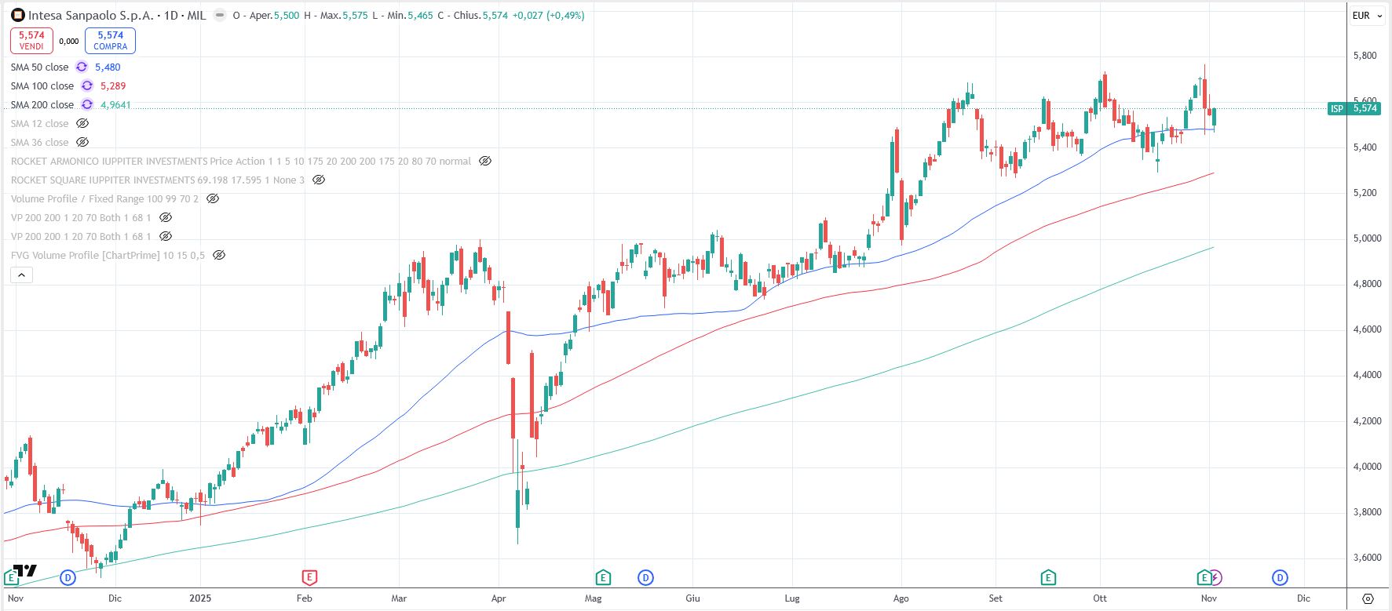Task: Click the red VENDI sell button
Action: [31, 40]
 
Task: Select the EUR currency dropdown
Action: [1367, 16]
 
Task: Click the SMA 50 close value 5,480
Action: [108, 67]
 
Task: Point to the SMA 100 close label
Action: [42, 86]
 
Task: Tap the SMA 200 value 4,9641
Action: [115, 105]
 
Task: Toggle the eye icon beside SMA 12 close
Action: [82, 124]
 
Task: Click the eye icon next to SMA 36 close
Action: [82, 143]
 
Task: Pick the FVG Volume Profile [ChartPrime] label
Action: [108, 256]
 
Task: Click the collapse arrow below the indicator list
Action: [21, 275]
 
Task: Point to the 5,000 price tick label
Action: [1366, 238]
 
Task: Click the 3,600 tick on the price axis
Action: [1366, 558]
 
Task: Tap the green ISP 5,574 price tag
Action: [1354, 108]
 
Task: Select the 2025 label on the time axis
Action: [201, 598]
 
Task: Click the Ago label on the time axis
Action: [901, 598]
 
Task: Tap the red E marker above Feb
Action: [309, 578]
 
